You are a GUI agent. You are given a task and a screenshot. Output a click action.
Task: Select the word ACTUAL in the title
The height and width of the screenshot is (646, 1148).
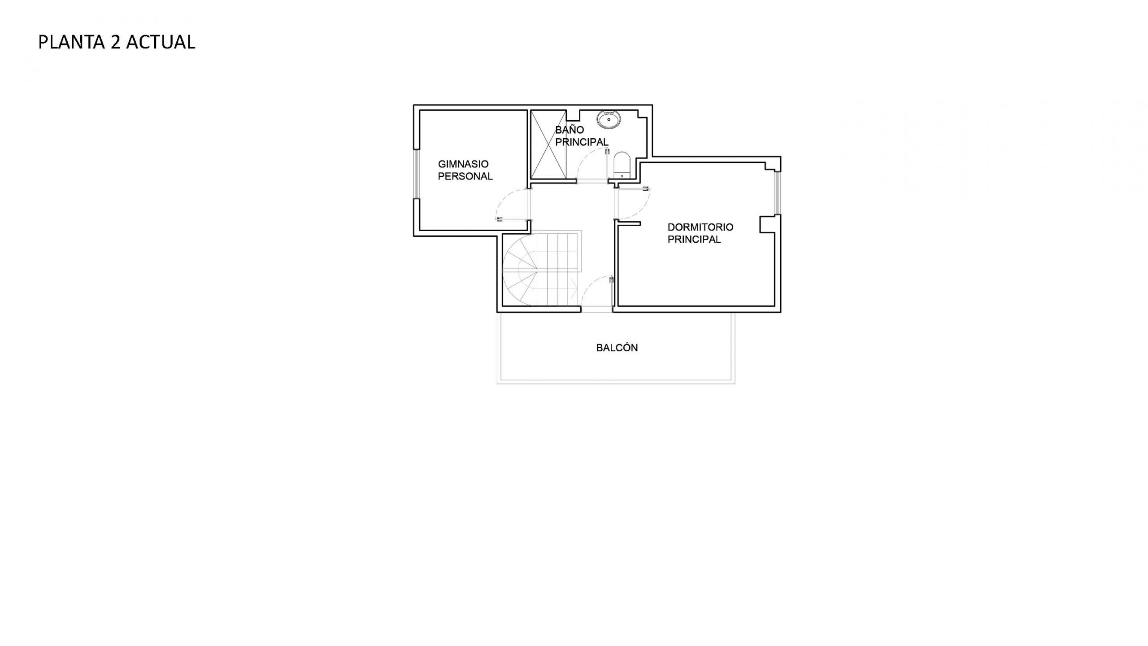pos(161,42)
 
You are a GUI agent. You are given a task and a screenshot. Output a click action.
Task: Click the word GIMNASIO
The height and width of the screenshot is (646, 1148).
pos(463,164)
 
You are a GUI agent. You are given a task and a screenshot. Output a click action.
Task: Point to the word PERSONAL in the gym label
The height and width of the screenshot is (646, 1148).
pos(465,176)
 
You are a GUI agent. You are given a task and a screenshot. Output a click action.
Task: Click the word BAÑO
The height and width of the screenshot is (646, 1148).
pos(570,130)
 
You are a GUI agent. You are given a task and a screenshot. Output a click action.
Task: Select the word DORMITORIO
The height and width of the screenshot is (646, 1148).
pos(700,227)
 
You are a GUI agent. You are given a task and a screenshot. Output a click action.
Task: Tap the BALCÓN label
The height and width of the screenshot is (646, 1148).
pos(617,348)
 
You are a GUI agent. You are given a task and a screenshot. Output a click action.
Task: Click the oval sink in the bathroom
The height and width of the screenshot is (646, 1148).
pos(609,119)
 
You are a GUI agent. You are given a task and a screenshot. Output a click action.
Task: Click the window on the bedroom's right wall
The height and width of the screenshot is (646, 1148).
pos(778,193)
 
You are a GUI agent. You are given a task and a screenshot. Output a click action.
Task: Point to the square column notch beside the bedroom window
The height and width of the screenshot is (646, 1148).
pos(767,224)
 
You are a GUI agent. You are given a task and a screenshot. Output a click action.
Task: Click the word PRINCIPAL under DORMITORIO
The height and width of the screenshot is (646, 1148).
pos(694,240)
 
